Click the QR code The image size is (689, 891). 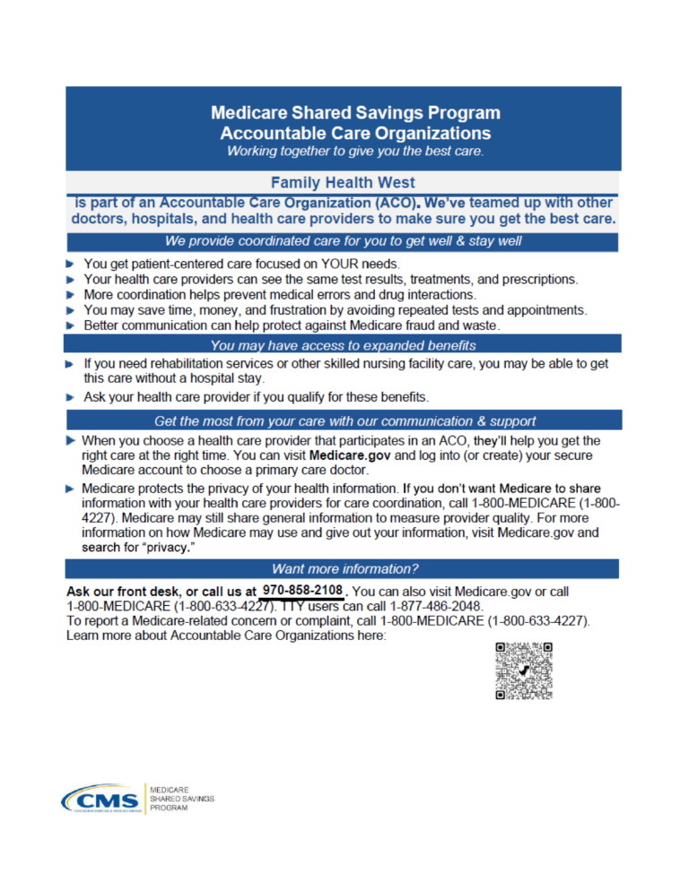point(524,670)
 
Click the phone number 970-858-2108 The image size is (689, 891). point(302,591)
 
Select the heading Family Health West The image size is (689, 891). point(344,183)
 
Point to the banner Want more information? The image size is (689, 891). point(344,568)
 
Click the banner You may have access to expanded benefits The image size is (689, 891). point(344,345)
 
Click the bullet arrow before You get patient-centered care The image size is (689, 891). point(71,264)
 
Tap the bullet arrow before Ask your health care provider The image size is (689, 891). point(71,396)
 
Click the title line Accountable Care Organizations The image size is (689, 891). point(355,133)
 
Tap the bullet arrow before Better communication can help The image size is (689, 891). point(71,325)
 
